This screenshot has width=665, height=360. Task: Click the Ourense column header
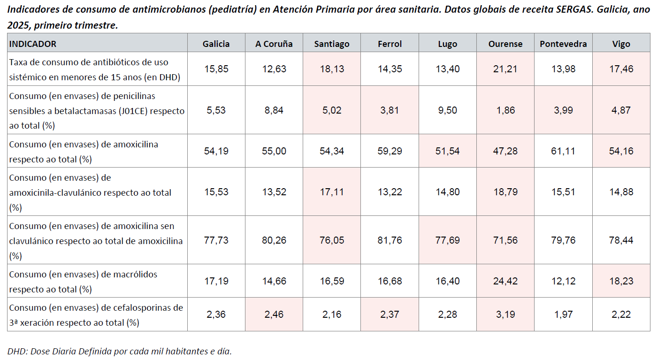pos(505,44)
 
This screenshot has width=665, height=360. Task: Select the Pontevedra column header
pos(563,44)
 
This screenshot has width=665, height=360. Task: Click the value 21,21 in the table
pos(505,69)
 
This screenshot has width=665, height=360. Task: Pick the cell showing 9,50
pos(448,110)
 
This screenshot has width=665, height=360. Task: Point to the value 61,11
pos(563,151)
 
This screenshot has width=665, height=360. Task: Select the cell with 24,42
pos(505,281)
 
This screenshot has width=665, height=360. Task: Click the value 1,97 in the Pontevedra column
pos(563,314)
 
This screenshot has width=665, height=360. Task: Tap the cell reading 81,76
pos(390,240)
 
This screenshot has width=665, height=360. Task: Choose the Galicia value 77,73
pos(216,240)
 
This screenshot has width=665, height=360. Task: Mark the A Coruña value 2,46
pos(274,314)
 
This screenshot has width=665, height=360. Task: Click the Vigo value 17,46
pos(621,69)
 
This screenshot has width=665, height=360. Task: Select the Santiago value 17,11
pos(332,192)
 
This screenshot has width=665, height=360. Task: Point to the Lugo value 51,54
pos(448,151)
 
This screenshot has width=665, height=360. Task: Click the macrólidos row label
pos(83,281)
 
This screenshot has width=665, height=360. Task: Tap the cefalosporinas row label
pos(96,314)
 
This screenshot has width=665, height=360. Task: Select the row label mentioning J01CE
pos(97,111)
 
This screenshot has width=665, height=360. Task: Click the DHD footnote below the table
pos(120,351)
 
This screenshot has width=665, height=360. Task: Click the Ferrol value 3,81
pos(390,110)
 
